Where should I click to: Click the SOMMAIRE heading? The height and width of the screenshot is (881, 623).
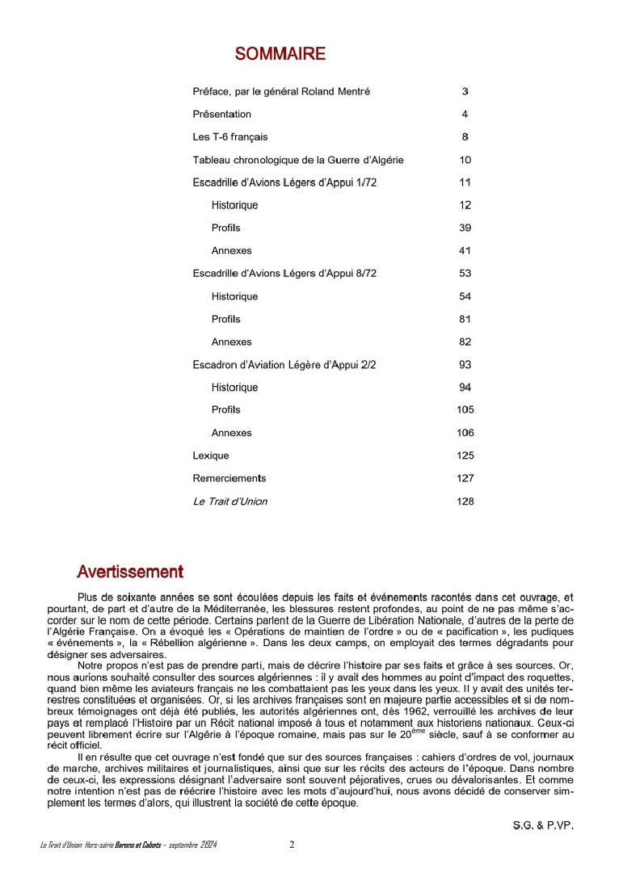tap(280, 54)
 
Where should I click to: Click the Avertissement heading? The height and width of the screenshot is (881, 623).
tap(129, 572)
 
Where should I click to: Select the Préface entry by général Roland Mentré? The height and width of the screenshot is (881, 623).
tap(281, 92)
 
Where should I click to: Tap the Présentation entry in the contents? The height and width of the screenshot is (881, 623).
tap(221, 115)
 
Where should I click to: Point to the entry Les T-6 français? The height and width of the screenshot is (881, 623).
tap(229, 137)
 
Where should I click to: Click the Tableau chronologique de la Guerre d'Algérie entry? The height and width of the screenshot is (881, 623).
tap(297, 160)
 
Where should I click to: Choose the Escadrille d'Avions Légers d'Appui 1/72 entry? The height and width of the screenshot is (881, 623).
tap(284, 182)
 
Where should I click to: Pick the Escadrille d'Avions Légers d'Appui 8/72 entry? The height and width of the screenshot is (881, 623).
tap(284, 274)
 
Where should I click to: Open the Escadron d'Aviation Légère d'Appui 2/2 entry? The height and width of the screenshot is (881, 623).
tap(284, 365)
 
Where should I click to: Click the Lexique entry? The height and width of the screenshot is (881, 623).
tap(210, 455)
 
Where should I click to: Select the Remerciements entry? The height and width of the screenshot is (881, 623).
tap(229, 478)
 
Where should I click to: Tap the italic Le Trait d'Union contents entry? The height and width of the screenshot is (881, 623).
tap(229, 501)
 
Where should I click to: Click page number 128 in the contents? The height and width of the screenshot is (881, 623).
tap(465, 501)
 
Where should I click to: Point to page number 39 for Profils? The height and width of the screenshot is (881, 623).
tap(465, 228)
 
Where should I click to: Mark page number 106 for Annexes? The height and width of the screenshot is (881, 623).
tap(465, 433)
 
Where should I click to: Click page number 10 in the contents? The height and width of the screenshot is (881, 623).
tap(465, 160)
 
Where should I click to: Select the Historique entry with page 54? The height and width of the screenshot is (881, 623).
tap(234, 296)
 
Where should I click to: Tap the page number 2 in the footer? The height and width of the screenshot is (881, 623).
tap(292, 845)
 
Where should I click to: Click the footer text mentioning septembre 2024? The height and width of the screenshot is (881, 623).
tap(128, 845)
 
